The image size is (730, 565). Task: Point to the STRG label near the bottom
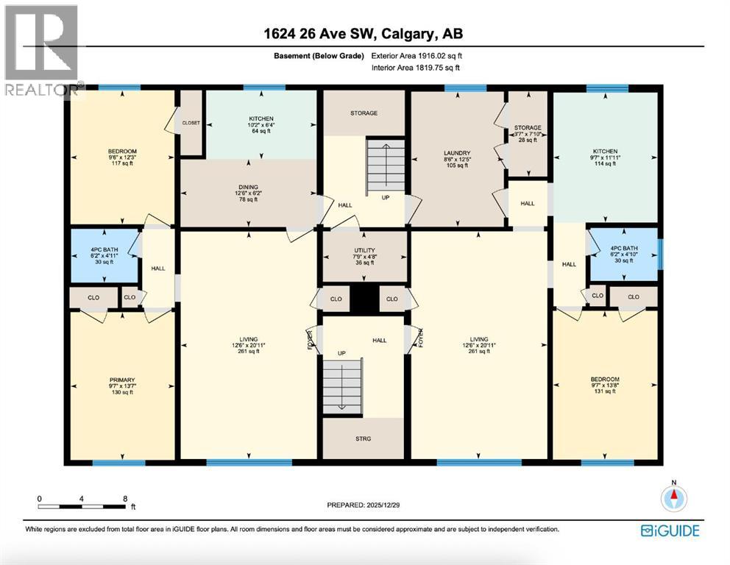363,438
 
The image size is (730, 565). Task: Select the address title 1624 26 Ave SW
364,33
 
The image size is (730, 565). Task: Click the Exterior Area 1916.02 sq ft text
417,55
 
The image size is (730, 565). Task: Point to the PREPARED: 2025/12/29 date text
366,505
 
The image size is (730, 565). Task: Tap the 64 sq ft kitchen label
261,124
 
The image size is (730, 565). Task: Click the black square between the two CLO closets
364,299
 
